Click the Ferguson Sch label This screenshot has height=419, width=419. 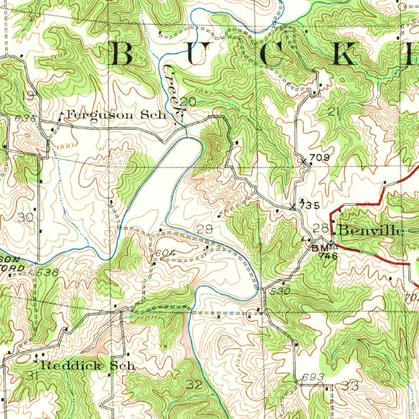(117, 115)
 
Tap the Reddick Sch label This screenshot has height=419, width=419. (88, 365)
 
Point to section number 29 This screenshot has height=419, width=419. (205, 230)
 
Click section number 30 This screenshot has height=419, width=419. (25, 218)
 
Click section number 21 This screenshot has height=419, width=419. (334, 110)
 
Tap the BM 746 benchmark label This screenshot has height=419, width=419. (325, 252)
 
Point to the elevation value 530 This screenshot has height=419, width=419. (280, 291)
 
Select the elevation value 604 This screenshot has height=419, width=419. (166, 254)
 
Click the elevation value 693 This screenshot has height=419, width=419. (313, 376)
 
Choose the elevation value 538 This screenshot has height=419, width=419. (47, 272)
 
